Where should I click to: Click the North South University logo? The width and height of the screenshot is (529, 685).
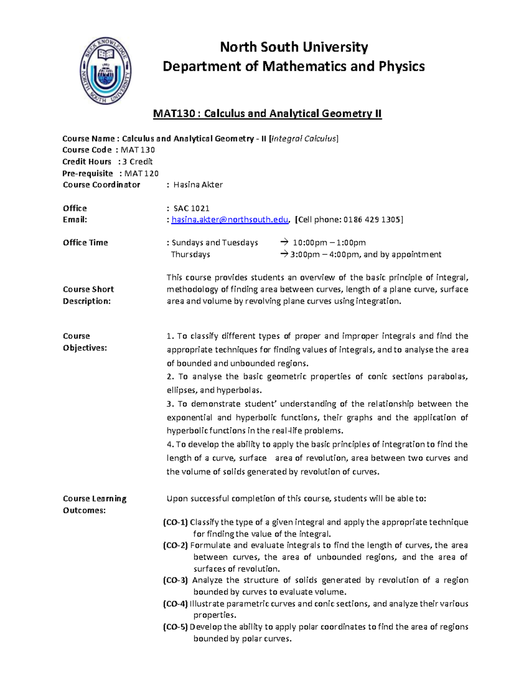pos(105,71)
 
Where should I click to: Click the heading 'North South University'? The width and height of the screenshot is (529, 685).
pos(294,47)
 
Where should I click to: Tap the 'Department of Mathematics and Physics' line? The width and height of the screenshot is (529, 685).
pos(294,66)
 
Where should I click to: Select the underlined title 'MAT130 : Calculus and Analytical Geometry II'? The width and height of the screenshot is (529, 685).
pos(267,114)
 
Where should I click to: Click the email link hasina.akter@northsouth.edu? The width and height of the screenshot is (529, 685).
pos(230,220)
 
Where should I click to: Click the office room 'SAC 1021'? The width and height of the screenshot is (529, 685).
pos(191,208)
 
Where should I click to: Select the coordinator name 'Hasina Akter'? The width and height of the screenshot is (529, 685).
pos(198,185)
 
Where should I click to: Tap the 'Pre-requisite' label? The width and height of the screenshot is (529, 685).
pos(88,173)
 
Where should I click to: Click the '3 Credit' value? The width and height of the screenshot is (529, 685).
pos(138,161)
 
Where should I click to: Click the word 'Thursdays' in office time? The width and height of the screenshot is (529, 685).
pos(190,255)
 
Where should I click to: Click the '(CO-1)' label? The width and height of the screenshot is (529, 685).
pos(175,522)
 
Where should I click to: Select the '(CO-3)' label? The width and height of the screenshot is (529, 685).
pos(175,580)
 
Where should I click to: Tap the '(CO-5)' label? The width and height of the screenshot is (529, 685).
pos(175,627)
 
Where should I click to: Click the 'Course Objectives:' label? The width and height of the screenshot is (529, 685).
pos(85,342)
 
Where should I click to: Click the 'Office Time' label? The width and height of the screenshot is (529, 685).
pos(85,243)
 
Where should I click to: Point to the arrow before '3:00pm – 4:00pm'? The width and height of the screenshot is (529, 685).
pos(284,255)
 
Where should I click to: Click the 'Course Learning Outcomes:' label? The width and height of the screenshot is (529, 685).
pos(94,504)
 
